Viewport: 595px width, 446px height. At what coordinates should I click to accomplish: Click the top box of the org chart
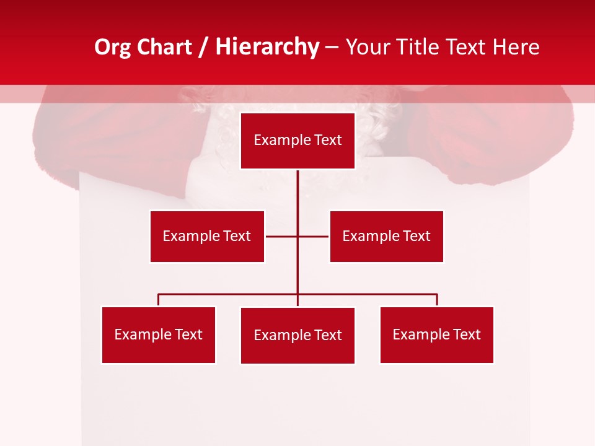297,141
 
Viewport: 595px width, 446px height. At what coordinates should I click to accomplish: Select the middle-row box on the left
207,236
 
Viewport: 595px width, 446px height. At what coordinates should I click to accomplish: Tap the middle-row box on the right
386,236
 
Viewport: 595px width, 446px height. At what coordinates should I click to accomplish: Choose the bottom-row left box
158,334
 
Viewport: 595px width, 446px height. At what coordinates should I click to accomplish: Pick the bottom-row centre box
297,335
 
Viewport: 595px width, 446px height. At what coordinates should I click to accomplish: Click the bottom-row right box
436,334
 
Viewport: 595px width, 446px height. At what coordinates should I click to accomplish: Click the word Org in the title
112,47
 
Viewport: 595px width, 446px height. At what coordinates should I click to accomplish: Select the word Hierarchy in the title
267,47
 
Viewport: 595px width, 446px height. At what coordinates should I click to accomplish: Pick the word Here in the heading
516,47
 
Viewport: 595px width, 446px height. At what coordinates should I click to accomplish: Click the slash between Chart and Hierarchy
204,47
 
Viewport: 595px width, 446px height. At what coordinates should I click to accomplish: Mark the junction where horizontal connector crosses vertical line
297,236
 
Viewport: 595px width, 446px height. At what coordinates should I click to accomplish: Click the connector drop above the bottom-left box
158,300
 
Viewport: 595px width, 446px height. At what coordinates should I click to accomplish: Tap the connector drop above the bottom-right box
437,300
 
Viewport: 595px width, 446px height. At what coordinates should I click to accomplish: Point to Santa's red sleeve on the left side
118,133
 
